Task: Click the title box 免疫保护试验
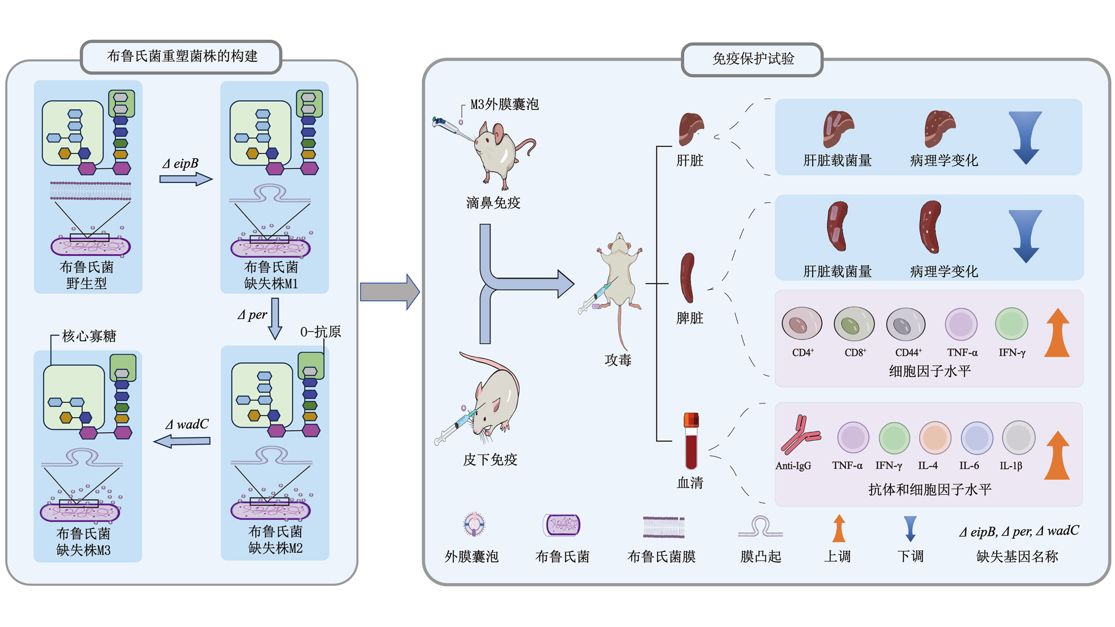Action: pyautogui.click(x=752, y=59)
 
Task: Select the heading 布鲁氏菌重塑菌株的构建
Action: pyautogui.click(x=181, y=56)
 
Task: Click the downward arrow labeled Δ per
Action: pyautogui.click(x=275, y=319)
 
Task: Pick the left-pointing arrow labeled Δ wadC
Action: pyautogui.click(x=182, y=441)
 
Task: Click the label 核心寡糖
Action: pyautogui.click(x=88, y=337)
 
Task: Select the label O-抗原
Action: pyautogui.click(x=320, y=332)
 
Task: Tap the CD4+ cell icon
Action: pyautogui.click(x=801, y=324)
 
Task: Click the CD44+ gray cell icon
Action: pyautogui.click(x=905, y=325)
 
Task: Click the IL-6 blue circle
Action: pyautogui.click(x=976, y=438)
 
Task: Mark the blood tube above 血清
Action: pyautogui.click(x=691, y=441)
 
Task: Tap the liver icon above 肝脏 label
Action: pyautogui.click(x=691, y=129)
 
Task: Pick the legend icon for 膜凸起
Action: pyautogui.click(x=760, y=527)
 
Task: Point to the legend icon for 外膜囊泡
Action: pyautogui.click(x=474, y=525)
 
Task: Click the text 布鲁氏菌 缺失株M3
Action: pyautogui.click(x=83, y=541)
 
